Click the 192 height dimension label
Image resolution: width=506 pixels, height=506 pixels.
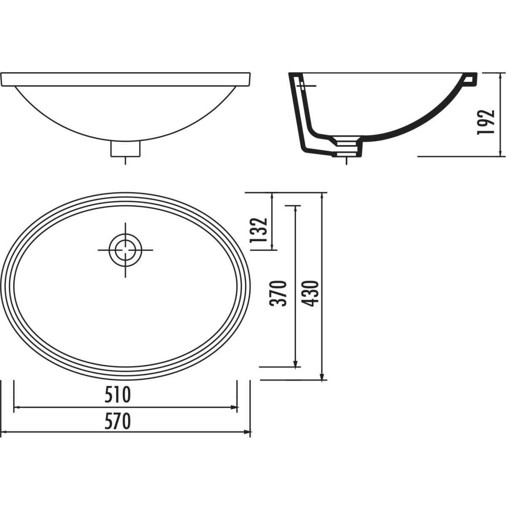click(x=485, y=122)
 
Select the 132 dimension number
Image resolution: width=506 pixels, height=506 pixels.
click(x=259, y=230)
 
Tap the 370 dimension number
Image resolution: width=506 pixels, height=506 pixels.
click(x=277, y=293)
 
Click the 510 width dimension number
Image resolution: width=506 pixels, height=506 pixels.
click(x=117, y=396)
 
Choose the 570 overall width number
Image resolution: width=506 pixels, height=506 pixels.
click(x=117, y=422)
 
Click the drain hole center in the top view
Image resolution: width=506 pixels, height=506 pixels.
click(x=125, y=250)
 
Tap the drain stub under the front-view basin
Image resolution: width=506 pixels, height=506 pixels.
click(x=125, y=149)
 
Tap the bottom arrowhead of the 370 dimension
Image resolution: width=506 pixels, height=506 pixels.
click(x=296, y=363)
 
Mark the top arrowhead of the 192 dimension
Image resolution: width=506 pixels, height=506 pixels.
click(x=500, y=76)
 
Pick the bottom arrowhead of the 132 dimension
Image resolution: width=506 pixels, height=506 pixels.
click(x=272, y=246)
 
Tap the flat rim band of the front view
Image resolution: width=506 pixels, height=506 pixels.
click(x=126, y=80)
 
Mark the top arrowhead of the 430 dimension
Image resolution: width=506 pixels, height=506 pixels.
click(x=323, y=196)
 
